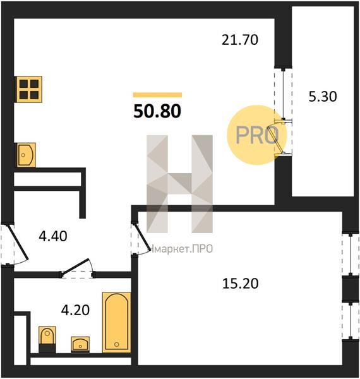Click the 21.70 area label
pos(240,40)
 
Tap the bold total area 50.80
pos(157,111)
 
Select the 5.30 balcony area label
pos(323,97)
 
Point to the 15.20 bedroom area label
pos(240,283)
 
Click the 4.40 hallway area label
pos(53,236)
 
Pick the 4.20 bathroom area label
pos(75,310)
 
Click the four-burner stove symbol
pos(29,89)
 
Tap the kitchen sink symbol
pos(26,155)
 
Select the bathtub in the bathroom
pos(116,322)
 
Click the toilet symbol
pos(47,340)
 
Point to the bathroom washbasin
pos(80,344)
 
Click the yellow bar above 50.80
pos(157,95)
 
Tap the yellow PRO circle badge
pos(256,135)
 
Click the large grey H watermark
pos(179,184)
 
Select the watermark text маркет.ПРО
pos(181,249)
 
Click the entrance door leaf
pos(18,242)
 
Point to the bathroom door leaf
pos(75,267)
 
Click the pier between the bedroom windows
pos(351,289)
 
